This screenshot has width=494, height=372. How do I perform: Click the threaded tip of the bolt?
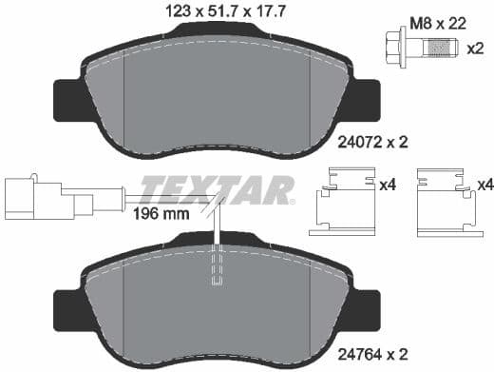439,45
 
